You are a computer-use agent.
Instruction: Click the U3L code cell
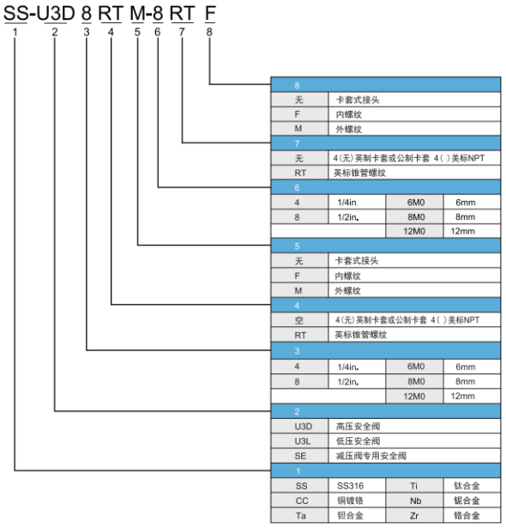pos(300,441)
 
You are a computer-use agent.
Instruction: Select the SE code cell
pos(300,456)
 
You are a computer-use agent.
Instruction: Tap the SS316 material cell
pos(357,486)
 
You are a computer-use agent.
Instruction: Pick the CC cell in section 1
pos(300,501)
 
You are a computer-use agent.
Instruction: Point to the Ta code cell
pos(300,515)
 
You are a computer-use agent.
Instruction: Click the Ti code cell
pos(414,486)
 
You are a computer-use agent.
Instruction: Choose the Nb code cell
pos(414,501)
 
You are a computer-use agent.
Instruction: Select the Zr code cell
pos(414,515)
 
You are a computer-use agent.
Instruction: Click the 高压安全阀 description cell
pos(414,427)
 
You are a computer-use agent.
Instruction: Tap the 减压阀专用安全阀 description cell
pos(414,456)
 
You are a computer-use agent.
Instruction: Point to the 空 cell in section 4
pos(300,320)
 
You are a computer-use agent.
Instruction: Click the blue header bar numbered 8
pos(386,85)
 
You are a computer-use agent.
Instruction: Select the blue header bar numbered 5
pos(386,246)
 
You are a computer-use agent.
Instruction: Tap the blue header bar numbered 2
pos(386,411)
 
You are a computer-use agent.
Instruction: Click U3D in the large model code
pos(55,14)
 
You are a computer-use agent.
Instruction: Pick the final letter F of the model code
pos(210,14)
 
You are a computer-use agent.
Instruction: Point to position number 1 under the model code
pos(15,32)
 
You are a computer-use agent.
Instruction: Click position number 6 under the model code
pos(158,32)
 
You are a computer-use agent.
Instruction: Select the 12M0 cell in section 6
pos(414,231)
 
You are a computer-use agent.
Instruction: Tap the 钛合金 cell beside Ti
pos(472,486)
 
